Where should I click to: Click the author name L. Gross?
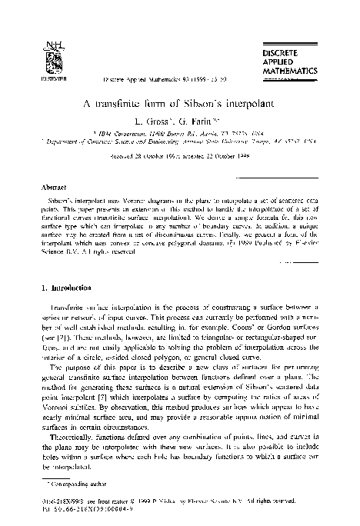pyautogui.click(x=151, y=118)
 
